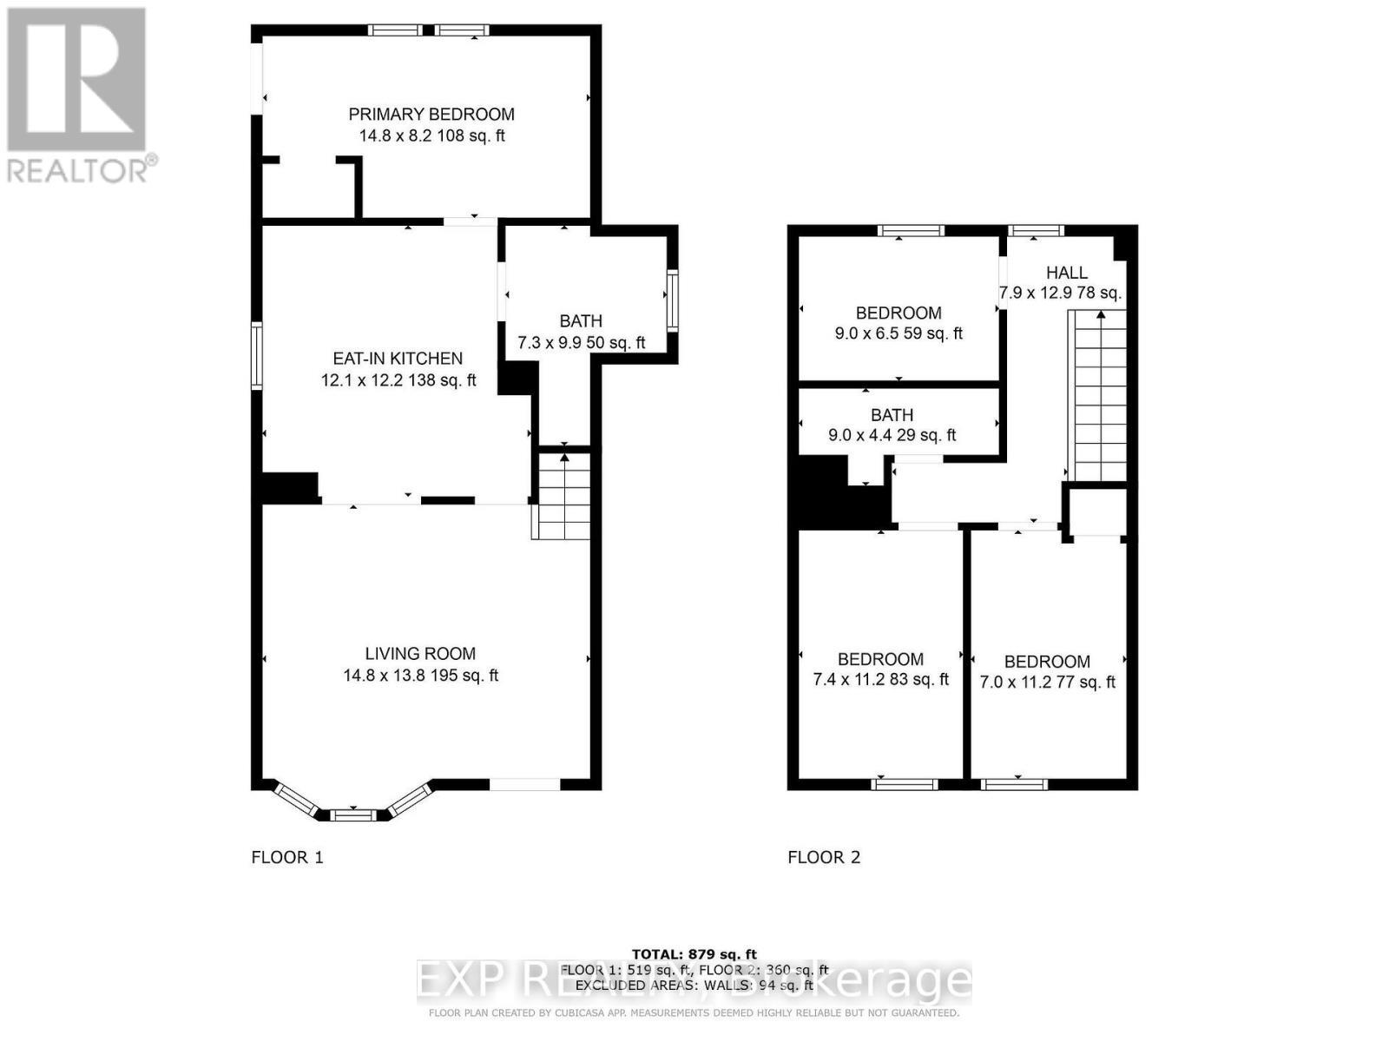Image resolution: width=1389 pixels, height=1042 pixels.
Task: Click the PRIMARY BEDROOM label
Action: pyautogui.click(x=431, y=115)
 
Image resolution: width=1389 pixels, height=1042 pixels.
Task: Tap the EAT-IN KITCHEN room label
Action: pyautogui.click(x=398, y=359)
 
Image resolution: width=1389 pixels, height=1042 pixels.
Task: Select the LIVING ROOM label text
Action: pyautogui.click(x=420, y=654)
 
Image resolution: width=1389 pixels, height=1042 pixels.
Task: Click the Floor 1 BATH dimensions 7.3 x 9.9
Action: pyautogui.click(x=581, y=343)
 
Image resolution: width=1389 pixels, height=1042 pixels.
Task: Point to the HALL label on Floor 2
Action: pyautogui.click(x=1066, y=273)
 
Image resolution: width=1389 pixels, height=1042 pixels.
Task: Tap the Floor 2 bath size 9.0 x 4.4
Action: pyautogui.click(x=892, y=435)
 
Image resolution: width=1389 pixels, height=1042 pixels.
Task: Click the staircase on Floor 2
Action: pyautogui.click(x=1100, y=396)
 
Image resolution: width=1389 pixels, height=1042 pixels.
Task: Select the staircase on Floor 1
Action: pyautogui.click(x=564, y=495)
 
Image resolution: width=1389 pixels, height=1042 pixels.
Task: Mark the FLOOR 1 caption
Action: pyautogui.click(x=287, y=858)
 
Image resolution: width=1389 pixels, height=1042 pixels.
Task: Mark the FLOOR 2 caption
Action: pyautogui.click(x=824, y=858)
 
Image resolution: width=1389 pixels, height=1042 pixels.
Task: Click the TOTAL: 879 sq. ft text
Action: pyautogui.click(x=694, y=954)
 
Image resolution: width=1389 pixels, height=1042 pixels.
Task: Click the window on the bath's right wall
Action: pyautogui.click(x=673, y=300)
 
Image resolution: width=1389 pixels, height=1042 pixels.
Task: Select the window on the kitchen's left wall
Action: pyautogui.click(x=257, y=356)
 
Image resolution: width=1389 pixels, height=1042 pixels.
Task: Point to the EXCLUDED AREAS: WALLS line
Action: pyautogui.click(x=694, y=986)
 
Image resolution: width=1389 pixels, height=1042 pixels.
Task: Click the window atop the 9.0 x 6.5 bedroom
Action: pyautogui.click(x=910, y=230)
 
